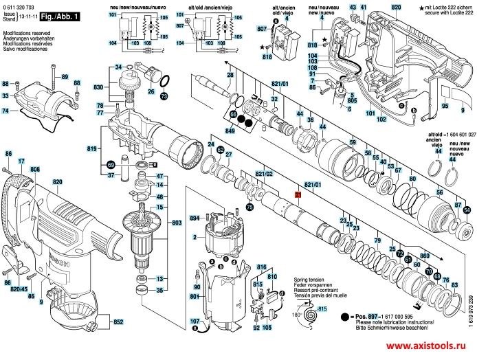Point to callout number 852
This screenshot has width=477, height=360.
(118, 322)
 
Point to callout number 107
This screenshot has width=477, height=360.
(195, 322)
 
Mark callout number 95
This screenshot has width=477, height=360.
(444, 106)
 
